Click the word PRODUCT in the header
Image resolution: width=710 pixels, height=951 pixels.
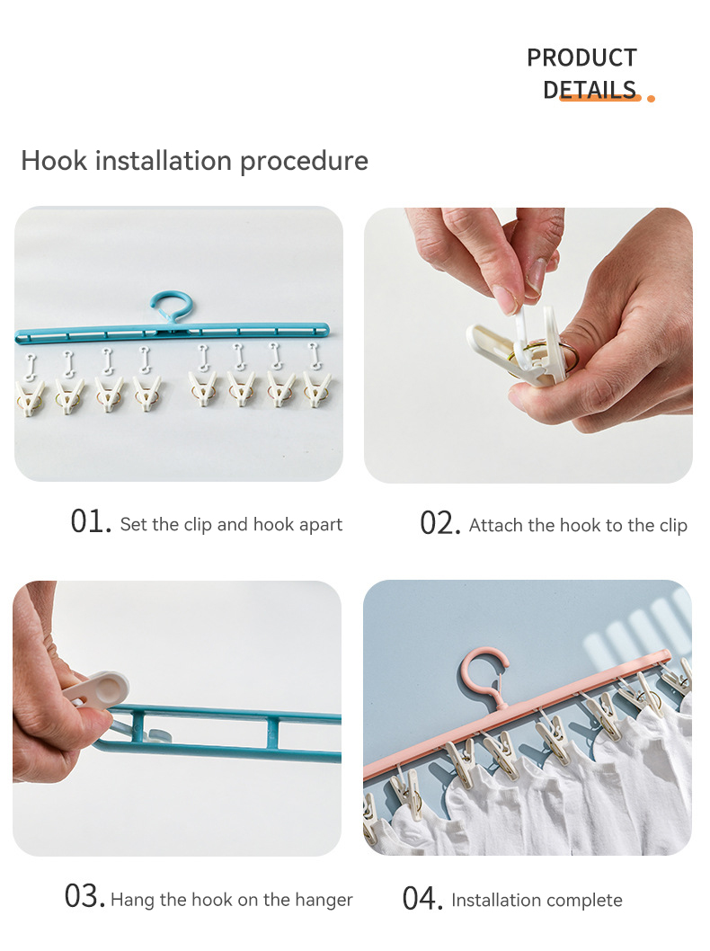pyautogui.click(x=581, y=58)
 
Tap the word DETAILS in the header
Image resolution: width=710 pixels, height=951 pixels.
pyautogui.click(x=590, y=88)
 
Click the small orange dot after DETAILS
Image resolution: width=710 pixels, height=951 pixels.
pyautogui.click(x=651, y=98)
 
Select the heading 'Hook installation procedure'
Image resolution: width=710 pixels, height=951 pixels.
pyautogui.click(x=194, y=161)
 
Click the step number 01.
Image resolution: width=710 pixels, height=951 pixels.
pyautogui.click(x=90, y=521)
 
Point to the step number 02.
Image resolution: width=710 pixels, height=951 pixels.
pyautogui.click(x=439, y=522)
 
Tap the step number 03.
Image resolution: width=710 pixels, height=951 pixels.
pyautogui.click(x=84, y=896)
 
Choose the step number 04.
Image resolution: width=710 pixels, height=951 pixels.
pyautogui.click(x=422, y=897)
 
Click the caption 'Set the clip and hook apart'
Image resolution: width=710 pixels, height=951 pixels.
pyautogui.click(x=231, y=525)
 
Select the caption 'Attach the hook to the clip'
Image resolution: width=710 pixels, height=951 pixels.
pyautogui.click(x=578, y=526)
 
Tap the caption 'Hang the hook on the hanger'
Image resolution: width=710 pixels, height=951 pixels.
pyautogui.click(x=232, y=900)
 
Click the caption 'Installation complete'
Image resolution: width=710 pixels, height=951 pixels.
pyautogui.click(x=537, y=900)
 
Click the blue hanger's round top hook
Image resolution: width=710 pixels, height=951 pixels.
pyautogui.click(x=171, y=307)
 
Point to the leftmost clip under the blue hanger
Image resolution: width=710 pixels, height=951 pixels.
pyautogui.click(x=31, y=395)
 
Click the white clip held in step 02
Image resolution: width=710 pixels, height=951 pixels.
pyautogui.click(x=508, y=350)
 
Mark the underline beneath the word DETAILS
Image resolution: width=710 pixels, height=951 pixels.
pyautogui.click(x=599, y=98)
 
